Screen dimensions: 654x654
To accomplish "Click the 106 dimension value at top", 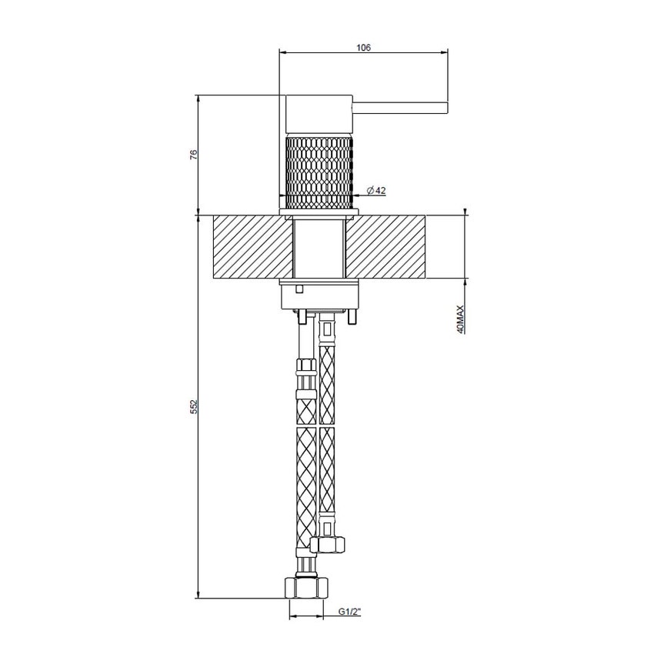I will pyautogui.click(x=364, y=48).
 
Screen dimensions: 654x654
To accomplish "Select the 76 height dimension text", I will pyautogui.click(x=194, y=154).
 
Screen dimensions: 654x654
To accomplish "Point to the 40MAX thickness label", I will pyautogui.click(x=459, y=319).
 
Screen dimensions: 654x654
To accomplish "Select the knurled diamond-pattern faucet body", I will pyautogui.click(x=319, y=171).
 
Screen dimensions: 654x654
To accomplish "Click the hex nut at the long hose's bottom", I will pyautogui.click(x=307, y=588).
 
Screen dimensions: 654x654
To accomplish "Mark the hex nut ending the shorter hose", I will pyautogui.click(x=331, y=545).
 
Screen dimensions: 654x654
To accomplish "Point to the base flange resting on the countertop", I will pyautogui.click(x=319, y=212).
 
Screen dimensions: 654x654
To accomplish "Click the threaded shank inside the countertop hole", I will pyautogui.click(x=319, y=248).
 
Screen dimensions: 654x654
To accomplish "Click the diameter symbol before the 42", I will pyautogui.click(x=370, y=190).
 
